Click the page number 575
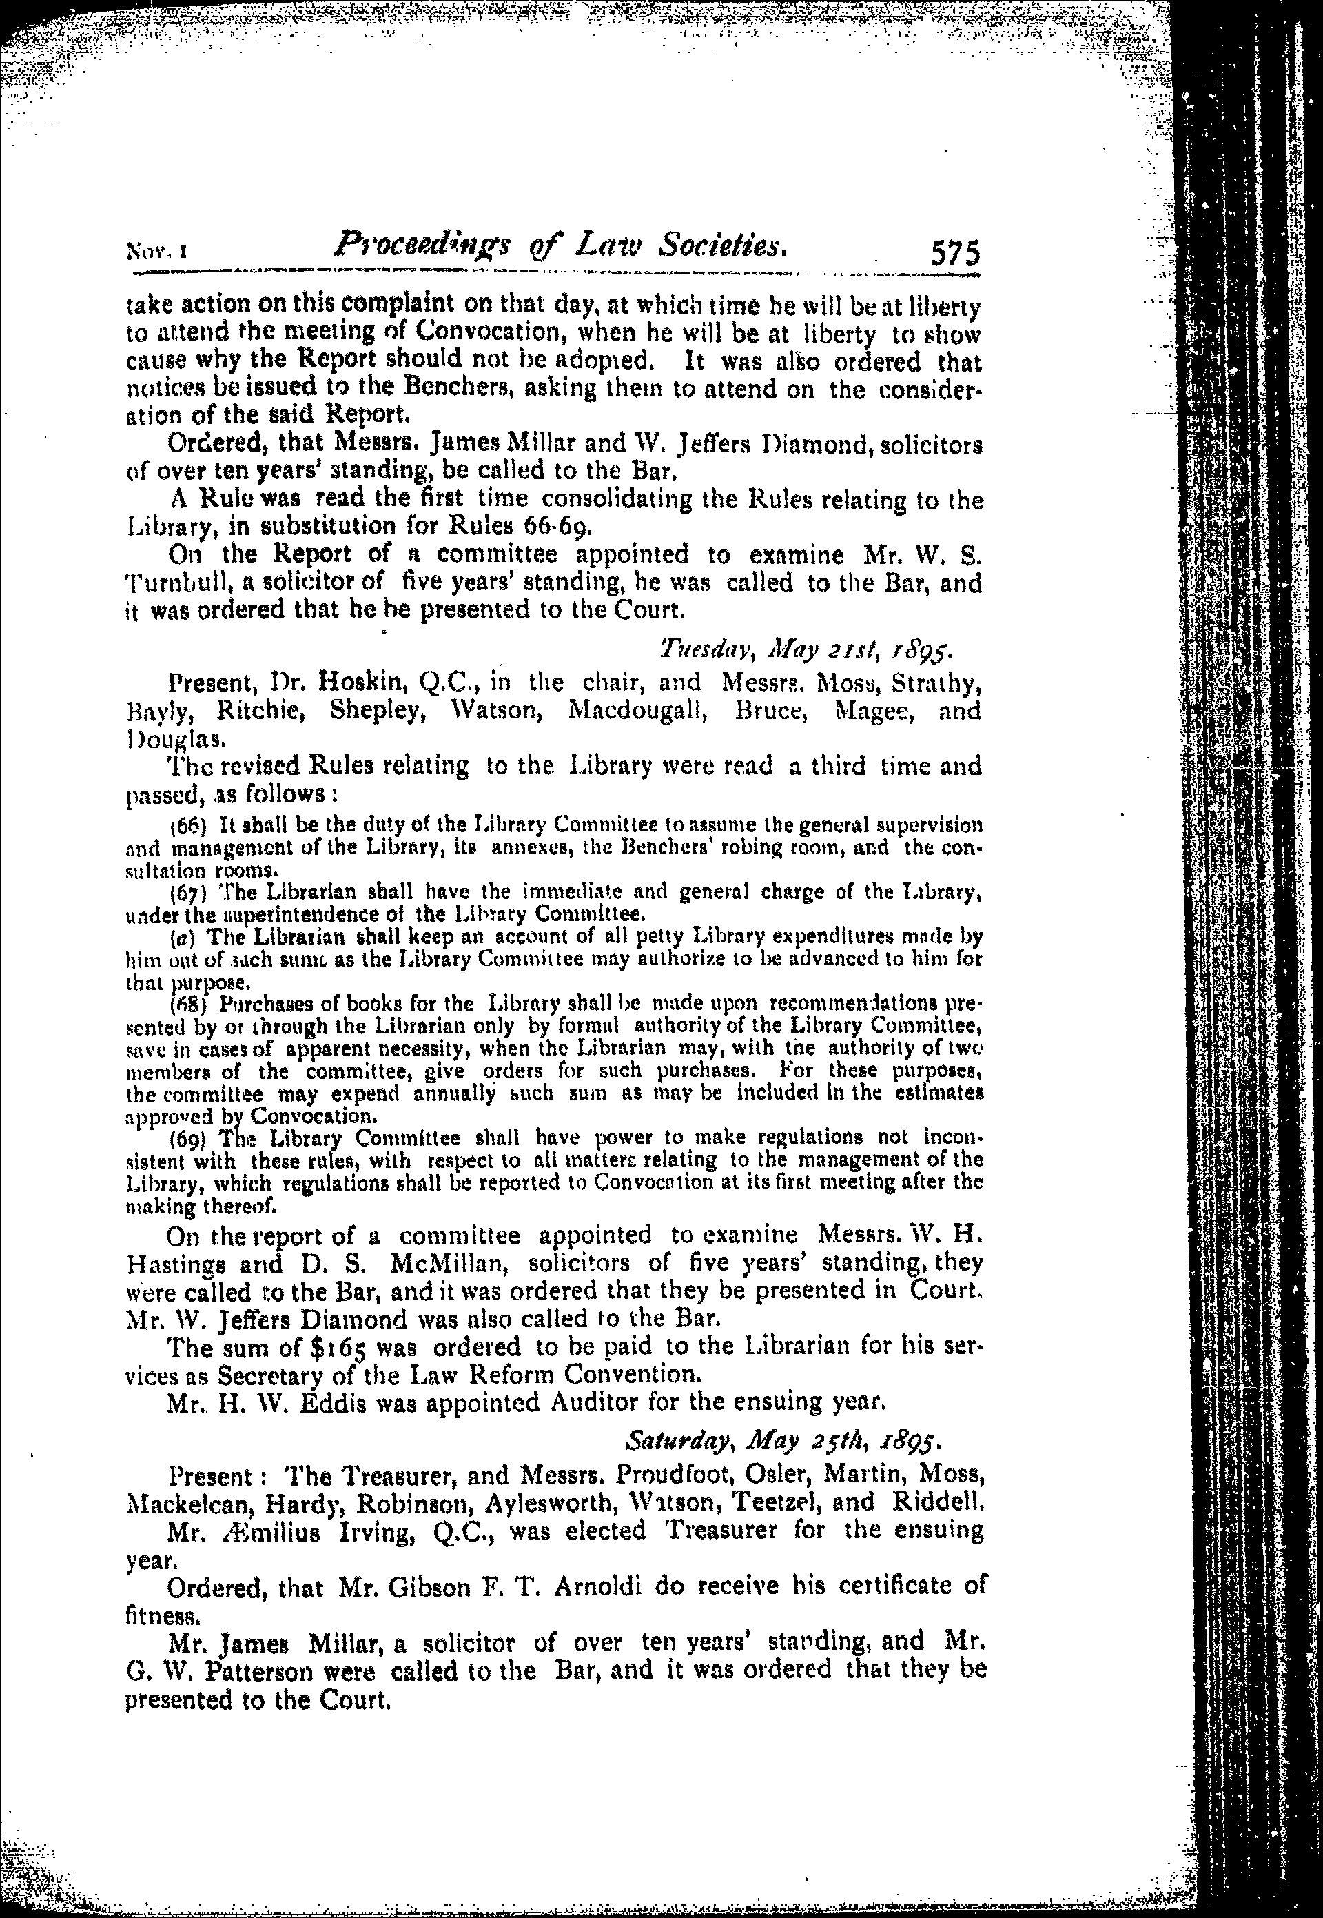(955, 252)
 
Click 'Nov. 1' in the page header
(156, 250)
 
